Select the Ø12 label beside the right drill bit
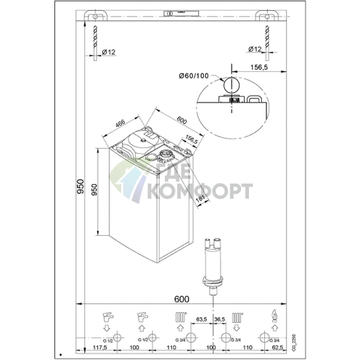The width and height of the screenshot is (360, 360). coord(255,49)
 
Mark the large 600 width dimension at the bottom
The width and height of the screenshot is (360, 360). coord(181,299)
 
